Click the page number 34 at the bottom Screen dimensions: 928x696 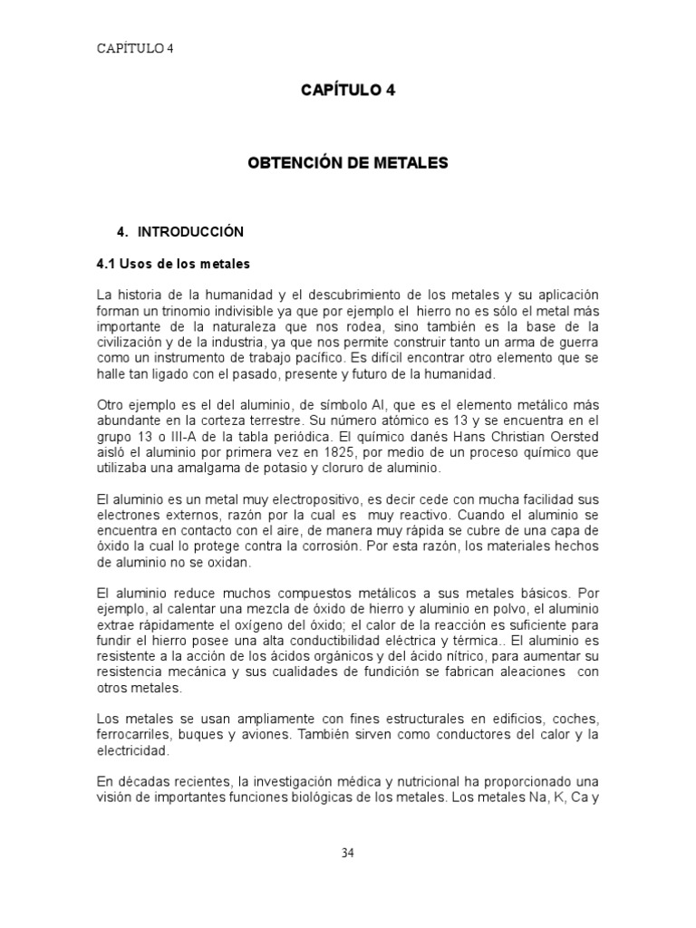point(348,852)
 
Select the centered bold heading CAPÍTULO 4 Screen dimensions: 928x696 point(348,90)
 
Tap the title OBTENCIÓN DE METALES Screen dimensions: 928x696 point(348,163)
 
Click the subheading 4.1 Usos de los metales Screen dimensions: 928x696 point(172,264)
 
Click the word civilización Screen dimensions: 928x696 point(135,342)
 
